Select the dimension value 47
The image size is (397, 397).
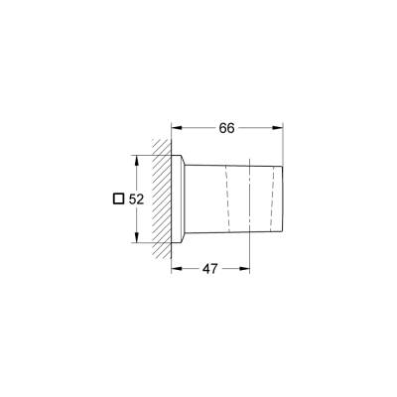point(210,269)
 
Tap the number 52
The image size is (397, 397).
point(138,198)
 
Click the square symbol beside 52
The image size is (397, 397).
point(119,198)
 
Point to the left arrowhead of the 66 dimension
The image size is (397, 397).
point(178,128)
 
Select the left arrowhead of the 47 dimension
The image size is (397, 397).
point(178,269)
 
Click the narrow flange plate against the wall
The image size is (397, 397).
point(178,198)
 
